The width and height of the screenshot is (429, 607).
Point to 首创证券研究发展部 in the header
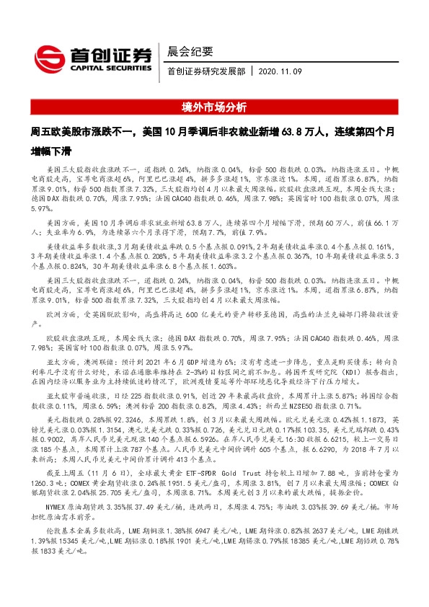click(205, 72)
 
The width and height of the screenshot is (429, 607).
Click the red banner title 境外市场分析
click(214, 107)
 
